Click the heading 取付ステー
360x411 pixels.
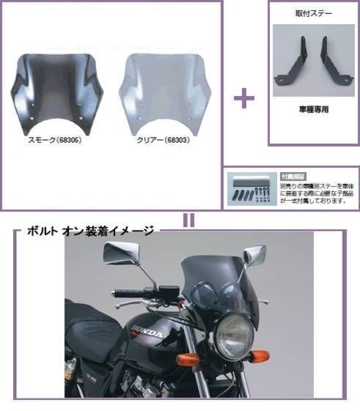click(x=313, y=14)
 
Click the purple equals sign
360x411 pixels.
click(x=188, y=221)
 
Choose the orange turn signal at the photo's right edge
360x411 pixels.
click(x=260, y=357)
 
